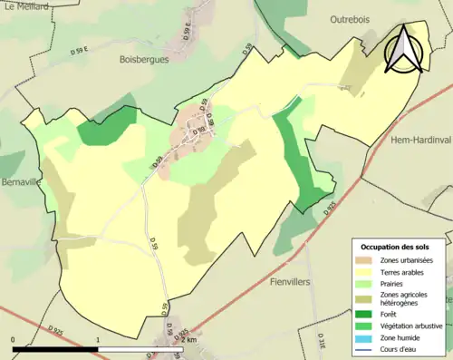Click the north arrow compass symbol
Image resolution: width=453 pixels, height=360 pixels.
point(403,49)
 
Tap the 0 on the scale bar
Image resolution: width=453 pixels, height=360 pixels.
point(14,340)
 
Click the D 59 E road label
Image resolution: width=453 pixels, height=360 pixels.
point(186,36)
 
